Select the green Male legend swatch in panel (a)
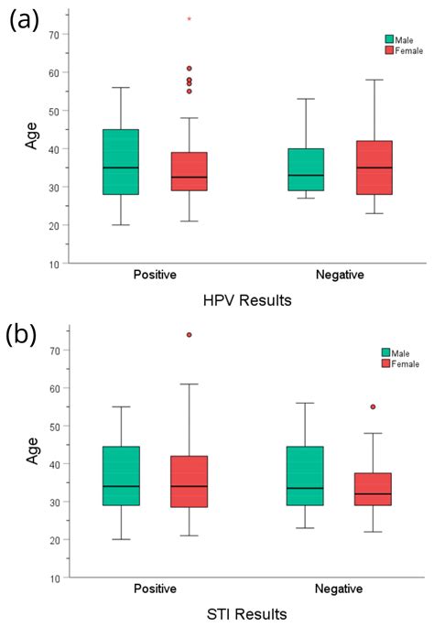coord(388,39)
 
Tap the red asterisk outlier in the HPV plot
coord(189,19)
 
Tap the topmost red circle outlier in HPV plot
coord(189,69)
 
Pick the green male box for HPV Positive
coord(120,162)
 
